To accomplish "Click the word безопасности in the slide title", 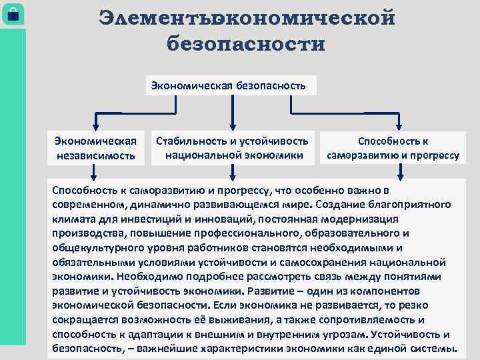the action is click(246, 45).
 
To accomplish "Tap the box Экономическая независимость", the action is click(96, 148).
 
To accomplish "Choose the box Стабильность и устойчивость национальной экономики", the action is click(232, 148).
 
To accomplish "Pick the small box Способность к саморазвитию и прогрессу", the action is click(393, 148).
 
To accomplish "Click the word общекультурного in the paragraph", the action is click(91, 247).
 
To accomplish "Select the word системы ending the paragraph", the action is click(437, 349).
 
